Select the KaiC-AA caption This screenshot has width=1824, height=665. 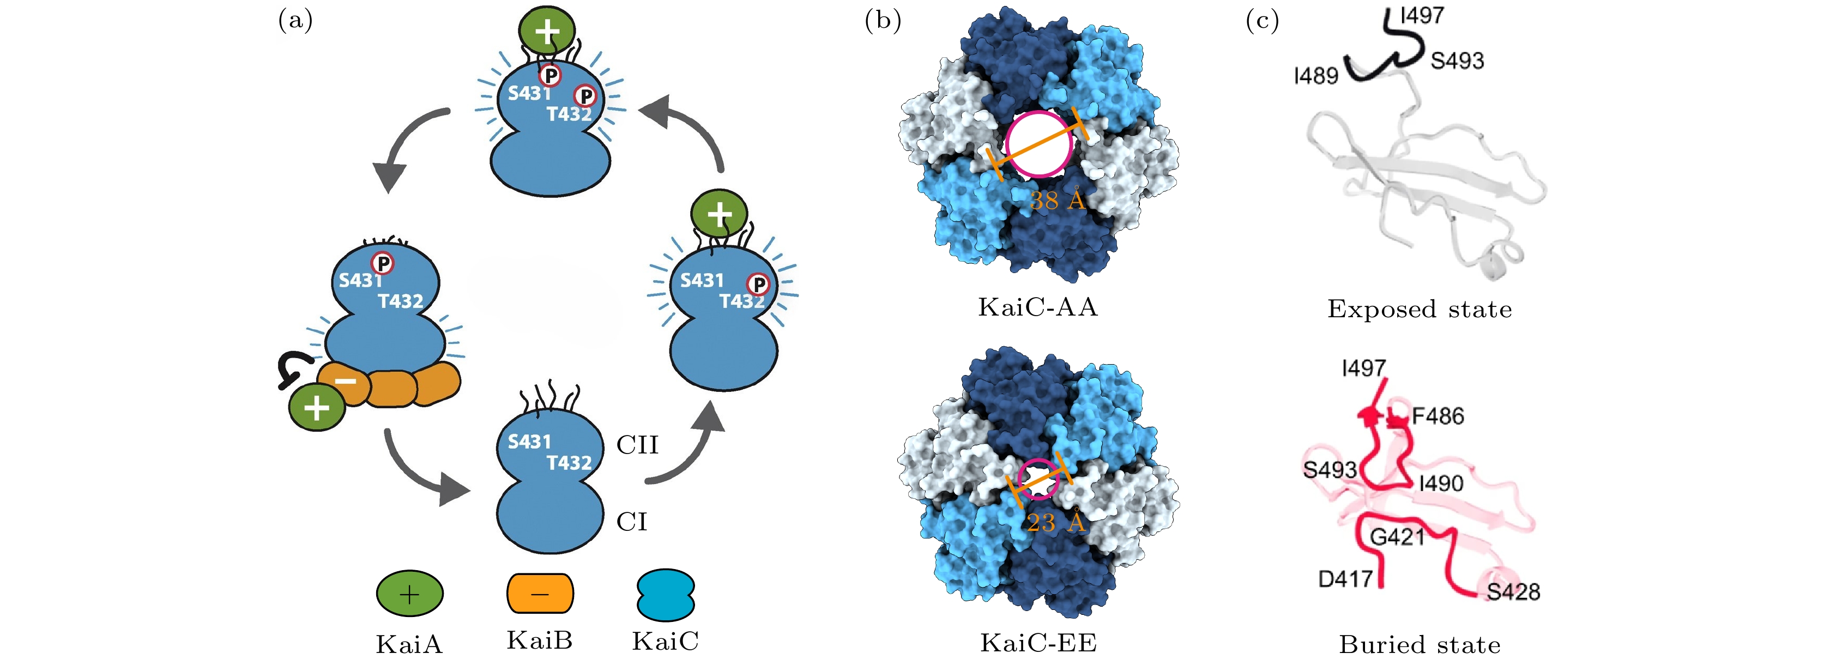tap(1037, 307)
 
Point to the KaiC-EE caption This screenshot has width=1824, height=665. tap(1038, 643)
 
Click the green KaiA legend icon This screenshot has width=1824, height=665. tap(409, 594)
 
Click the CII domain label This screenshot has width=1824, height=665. tap(637, 445)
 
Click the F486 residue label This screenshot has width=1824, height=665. tap(1438, 416)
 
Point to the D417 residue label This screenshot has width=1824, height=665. tap(1345, 579)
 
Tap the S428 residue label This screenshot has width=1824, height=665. tap(1513, 591)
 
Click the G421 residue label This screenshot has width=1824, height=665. tap(1397, 537)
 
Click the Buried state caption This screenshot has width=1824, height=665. tap(1419, 644)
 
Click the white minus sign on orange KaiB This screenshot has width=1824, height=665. tap(346, 381)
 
